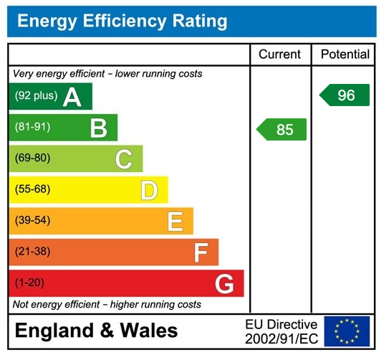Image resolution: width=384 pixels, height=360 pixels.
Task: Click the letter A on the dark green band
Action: [72, 97]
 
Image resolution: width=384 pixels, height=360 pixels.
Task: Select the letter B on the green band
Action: [98, 128]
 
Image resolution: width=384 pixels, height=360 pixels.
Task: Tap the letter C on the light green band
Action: [124, 159]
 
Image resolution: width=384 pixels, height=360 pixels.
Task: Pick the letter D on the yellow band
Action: [149, 190]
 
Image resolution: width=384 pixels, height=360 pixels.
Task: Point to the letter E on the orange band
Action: [175, 221]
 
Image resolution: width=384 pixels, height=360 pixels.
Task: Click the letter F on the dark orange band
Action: [201, 252]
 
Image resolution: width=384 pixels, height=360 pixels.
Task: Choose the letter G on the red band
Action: [225, 284]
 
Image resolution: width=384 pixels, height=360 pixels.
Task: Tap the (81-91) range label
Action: [32, 128]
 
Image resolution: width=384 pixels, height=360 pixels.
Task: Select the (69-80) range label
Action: [32, 158]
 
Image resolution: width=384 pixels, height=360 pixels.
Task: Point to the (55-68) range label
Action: [32, 190]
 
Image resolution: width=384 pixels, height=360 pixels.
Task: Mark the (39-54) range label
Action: [32, 221]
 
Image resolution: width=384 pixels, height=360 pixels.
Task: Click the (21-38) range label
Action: [32, 252]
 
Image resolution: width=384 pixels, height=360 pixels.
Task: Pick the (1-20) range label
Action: [29, 283]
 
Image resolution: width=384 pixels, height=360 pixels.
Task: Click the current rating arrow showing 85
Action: [282, 130]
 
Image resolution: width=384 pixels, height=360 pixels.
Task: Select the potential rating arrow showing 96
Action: [345, 95]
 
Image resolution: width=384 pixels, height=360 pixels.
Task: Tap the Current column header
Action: [279, 55]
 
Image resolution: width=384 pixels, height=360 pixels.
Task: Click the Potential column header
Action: [345, 55]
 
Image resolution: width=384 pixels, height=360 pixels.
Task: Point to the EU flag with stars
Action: [347, 331]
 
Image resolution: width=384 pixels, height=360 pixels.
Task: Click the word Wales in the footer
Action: [148, 331]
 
